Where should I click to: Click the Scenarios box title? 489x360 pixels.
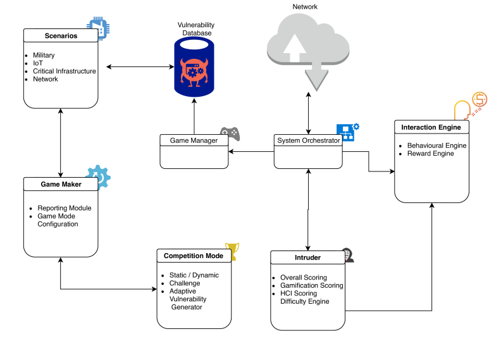coord(61,36)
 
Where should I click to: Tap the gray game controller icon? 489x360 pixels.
coord(230,133)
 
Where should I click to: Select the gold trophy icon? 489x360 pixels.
coord(233,251)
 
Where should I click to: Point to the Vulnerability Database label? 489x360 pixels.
coord(196,29)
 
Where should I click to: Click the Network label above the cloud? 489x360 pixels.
coord(305,6)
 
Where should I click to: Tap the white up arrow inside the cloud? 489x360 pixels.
coord(294,47)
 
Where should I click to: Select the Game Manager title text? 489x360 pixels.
coord(194,140)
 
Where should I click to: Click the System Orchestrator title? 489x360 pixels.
coord(309,140)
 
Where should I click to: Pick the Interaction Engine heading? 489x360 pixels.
coord(431,127)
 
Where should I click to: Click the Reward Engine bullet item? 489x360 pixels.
coord(430,154)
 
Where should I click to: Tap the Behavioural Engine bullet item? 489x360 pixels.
coord(436,146)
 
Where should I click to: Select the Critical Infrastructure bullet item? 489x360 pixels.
coord(65,71)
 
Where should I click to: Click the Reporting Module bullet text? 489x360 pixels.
coord(65,208)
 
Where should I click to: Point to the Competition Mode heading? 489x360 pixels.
coord(194,256)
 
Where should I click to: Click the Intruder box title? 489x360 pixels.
coord(307,258)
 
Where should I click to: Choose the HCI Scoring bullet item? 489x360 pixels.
coord(299,293)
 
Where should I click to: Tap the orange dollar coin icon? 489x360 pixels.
coord(480,99)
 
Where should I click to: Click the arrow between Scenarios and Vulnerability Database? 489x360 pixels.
coord(140,66)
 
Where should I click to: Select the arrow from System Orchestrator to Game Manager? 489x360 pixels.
coord(251,152)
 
